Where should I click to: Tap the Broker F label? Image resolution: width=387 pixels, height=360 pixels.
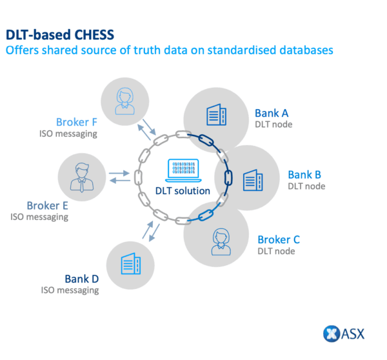77,121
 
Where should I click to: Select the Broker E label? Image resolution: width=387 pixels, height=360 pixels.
47,205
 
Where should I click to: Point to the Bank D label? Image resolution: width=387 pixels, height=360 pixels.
81,279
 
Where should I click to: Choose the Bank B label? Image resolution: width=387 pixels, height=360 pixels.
304,174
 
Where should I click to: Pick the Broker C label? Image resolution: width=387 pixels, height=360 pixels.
279,239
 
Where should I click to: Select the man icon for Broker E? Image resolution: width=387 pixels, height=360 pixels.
81,177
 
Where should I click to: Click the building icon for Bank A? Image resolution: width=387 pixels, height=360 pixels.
215,115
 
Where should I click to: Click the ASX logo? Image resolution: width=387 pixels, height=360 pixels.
343,334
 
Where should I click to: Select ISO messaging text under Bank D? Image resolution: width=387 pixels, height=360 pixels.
70,290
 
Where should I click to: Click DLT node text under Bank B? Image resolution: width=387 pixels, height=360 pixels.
306,186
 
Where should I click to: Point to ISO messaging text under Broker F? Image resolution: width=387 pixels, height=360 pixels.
67,134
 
